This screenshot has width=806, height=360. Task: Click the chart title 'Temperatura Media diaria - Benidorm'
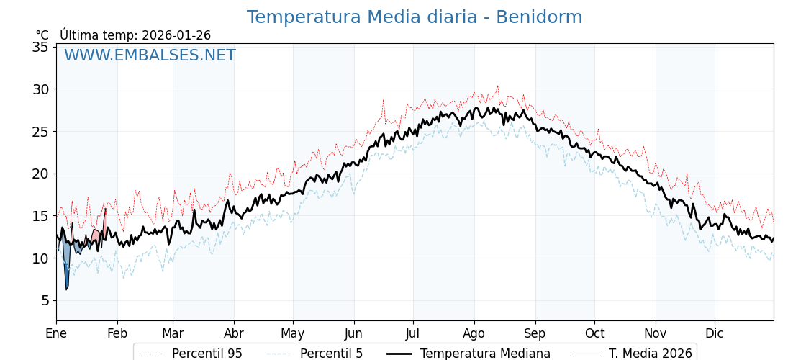(x=414, y=17)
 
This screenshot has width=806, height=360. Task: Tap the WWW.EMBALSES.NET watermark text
(x=150, y=55)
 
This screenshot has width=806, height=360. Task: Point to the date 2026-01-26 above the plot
(x=176, y=35)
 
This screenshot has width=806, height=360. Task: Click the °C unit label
(x=42, y=35)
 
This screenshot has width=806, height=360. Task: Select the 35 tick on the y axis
(x=40, y=48)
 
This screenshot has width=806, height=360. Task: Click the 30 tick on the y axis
(x=40, y=89)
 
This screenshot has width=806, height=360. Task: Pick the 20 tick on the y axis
(x=40, y=174)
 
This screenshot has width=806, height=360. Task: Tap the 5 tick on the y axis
(x=44, y=300)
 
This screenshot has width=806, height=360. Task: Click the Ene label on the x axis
(x=56, y=334)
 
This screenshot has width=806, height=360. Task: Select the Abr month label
(x=234, y=334)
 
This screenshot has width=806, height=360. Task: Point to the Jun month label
(x=353, y=334)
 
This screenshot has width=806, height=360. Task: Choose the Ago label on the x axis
(x=474, y=334)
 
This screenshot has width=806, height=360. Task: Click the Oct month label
(x=594, y=334)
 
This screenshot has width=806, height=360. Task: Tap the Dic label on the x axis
(x=715, y=334)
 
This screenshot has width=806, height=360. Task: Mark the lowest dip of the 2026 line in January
(x=66, y=289)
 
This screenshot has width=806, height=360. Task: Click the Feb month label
(x=117, y=334)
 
